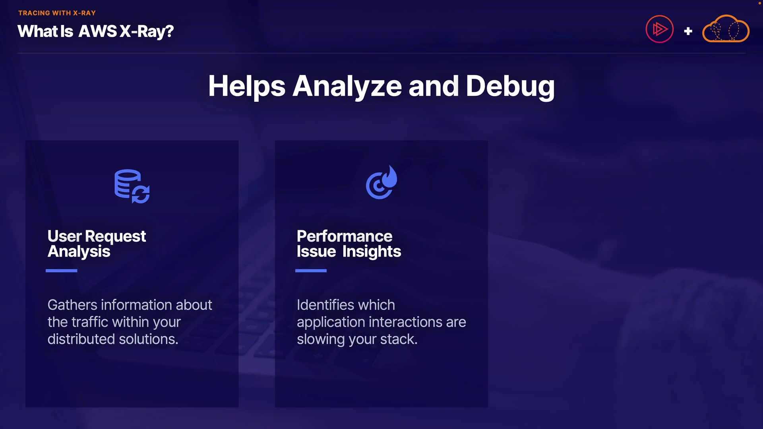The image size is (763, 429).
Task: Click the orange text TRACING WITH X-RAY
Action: point(57,13)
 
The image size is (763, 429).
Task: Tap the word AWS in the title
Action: point(98,31)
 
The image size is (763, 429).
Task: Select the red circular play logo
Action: point(659,29)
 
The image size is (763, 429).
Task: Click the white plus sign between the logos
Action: point(688,31)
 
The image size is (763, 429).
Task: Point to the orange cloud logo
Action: point(726,29)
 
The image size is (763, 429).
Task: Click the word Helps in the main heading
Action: point(247,87)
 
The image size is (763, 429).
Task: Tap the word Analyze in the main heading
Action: point(347,87)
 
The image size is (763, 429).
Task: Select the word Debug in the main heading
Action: point(510,87)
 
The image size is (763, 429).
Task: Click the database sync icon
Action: point(132,186)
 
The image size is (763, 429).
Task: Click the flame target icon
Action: point(381,182)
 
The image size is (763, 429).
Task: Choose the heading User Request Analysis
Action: point(97,244)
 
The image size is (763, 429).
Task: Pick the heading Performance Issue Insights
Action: point(349,244)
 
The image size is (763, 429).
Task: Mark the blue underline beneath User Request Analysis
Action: point(61,271)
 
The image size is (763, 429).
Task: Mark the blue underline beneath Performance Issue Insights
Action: point(311,271)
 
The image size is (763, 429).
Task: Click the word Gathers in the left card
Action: point(72,305)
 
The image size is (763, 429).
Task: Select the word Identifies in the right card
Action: point(326,305)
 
